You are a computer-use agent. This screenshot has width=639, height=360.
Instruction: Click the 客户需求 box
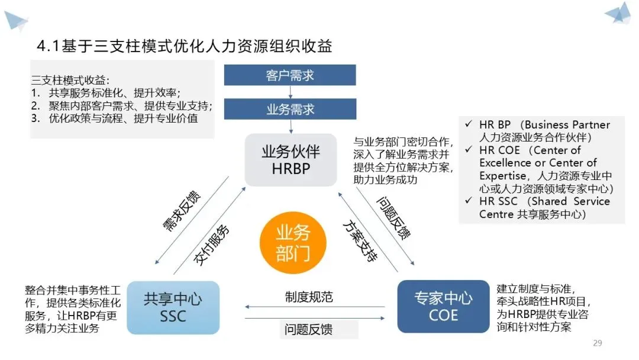(x=290, y=75)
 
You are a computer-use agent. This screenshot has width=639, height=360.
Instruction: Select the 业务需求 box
(x=290, y=109)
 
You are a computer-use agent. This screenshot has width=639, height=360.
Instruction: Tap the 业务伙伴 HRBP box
(x=291, y=160)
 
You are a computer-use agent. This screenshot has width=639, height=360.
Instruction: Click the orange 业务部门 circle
(x=292, y=243)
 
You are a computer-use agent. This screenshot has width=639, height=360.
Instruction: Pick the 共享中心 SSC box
(x=173, y=307)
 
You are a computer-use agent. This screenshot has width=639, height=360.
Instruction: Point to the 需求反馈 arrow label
(x=180, y=210)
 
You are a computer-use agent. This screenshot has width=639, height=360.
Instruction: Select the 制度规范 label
(x=308, y=297)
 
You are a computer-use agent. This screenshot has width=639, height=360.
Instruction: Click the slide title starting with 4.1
(x=184, y=46)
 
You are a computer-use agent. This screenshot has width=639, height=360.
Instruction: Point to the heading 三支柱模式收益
(x=70, y=80)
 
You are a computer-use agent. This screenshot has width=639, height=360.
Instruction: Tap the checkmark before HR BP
(x=469, y=125)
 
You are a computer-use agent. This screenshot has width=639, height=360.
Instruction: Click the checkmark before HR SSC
(x=469, y=201)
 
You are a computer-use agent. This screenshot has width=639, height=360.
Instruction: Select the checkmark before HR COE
(x=469, y=150)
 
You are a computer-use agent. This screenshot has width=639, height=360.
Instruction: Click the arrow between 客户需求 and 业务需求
(x=290, y=92)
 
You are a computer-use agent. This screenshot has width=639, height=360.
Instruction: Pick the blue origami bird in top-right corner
(x=618, y=13)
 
